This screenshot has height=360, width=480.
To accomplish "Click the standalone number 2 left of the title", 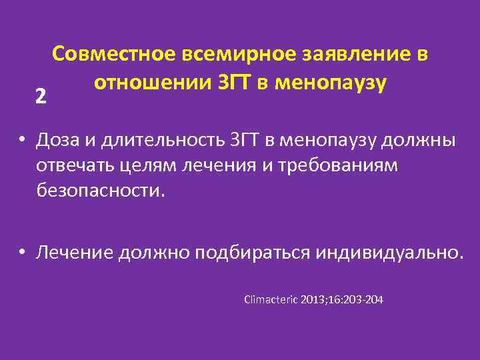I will (41, 97).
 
